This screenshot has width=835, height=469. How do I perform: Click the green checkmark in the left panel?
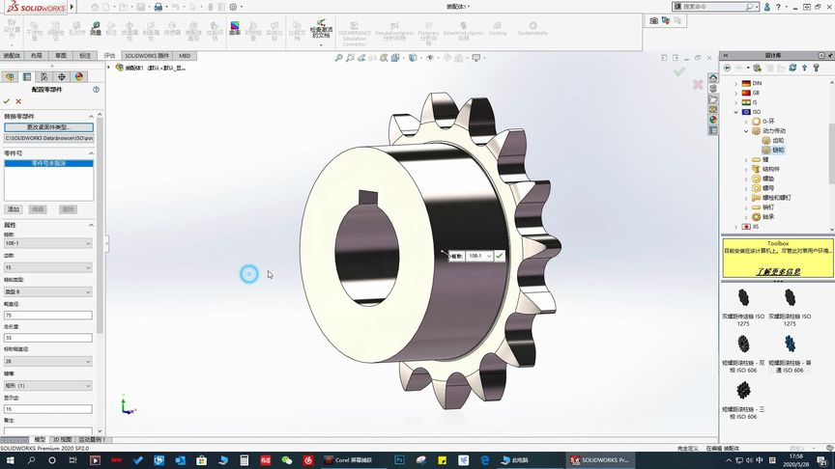point(7,100)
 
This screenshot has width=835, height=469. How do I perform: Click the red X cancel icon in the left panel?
point(18,100)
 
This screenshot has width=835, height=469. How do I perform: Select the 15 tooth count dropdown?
point(47,267)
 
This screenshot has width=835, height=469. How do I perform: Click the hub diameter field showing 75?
point(47,315)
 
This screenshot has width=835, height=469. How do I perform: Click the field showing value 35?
point(47,338)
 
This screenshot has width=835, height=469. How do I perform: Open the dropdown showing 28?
point(47,361)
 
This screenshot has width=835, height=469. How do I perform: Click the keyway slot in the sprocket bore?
point(368,199)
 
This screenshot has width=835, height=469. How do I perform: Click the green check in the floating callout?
point(500,256)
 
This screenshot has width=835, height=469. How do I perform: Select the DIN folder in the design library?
point(756,83)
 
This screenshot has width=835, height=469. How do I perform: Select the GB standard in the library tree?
point(756,93)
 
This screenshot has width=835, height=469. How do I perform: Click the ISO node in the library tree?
point(756,112)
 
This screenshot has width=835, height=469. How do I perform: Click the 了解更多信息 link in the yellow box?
point(777,272)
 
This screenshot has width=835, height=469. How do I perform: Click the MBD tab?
point(184,56)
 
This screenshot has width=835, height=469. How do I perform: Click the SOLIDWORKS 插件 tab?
point(146,56)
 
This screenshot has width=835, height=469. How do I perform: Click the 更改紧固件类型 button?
point(47,127)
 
